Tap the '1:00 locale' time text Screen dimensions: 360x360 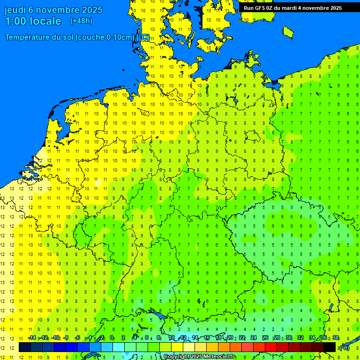[33, 21]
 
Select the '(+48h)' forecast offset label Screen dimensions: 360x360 [81, 21]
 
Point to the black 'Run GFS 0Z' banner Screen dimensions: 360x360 [293, 8]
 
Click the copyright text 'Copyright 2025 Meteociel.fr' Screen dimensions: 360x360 [199, 357]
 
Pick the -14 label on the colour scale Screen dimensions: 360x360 [32, 338]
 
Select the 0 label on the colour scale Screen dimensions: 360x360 [112, 338]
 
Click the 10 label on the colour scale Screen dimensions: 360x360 [171, 338]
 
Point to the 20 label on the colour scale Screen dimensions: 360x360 [230, 338]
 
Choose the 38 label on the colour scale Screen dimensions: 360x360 [335, 338]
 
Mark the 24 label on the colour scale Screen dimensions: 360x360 [253, 338]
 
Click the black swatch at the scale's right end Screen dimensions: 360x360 [330, 347]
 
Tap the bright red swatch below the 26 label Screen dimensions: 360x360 [271, 347]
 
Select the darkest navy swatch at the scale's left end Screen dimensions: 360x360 [25, 347]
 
